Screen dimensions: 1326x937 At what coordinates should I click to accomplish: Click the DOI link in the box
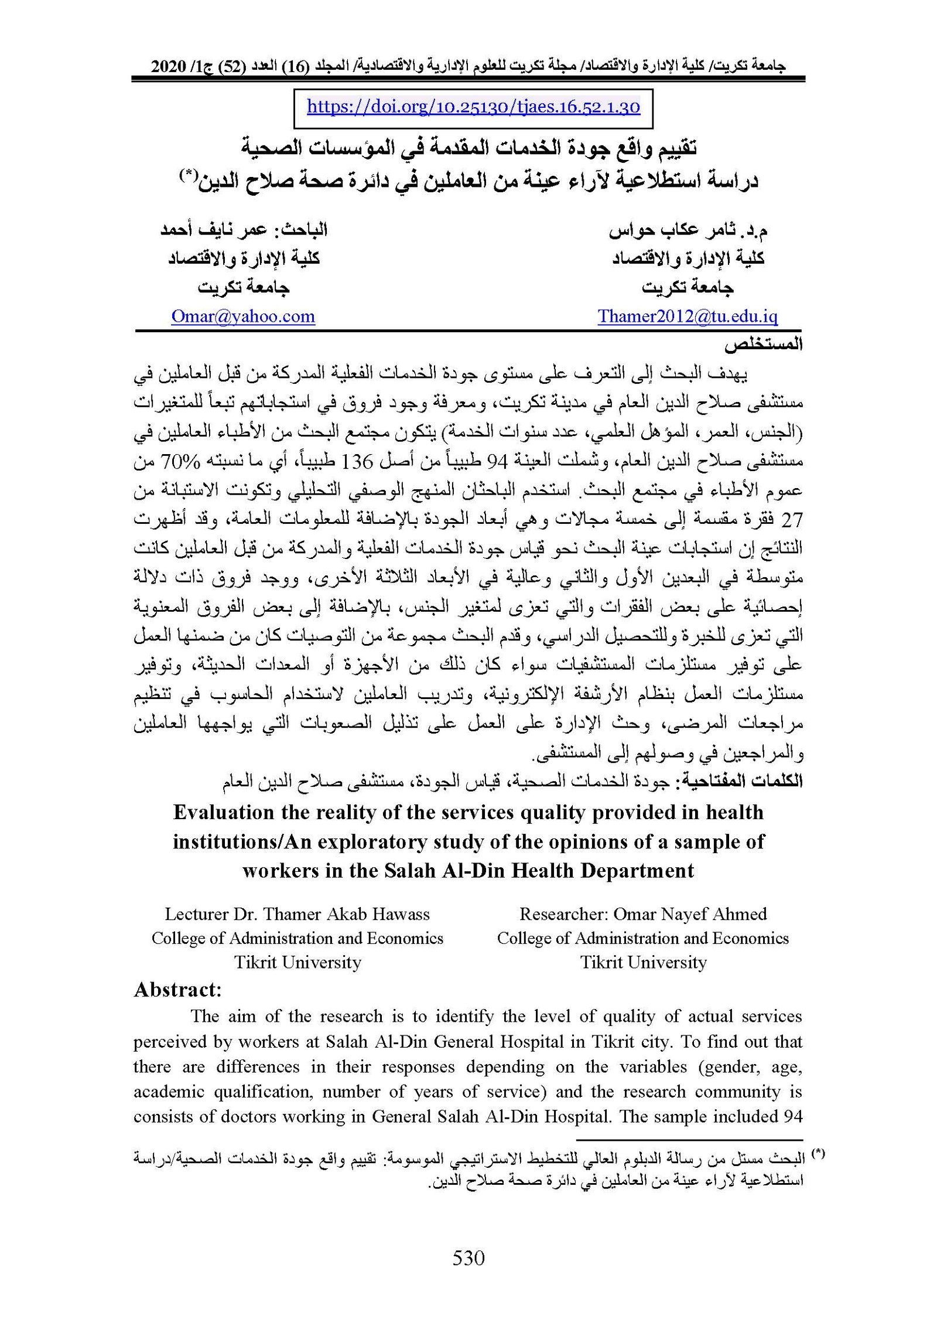click(x=473, y=107)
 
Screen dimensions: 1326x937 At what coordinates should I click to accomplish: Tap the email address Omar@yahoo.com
click(x=243, y=316)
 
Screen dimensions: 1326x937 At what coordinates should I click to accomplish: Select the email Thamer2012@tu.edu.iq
click(x=688, y=316)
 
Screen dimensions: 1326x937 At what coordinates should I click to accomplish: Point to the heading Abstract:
click(x=178, y=990)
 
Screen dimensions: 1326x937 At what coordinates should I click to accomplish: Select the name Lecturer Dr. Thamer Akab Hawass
click(x=297, y=914)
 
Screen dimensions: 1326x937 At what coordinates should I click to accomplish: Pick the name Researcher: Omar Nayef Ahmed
click(x=643, y=914)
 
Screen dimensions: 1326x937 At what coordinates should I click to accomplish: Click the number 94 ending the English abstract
click(x=791, y=1116)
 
